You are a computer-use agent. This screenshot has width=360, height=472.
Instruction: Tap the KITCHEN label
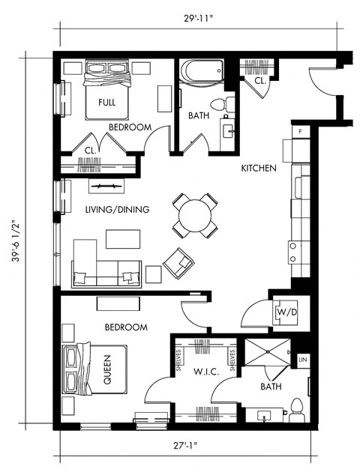(259, 169)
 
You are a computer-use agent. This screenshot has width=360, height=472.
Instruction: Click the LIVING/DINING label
(117, 210)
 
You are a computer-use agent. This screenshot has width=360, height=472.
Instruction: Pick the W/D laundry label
(285, 311)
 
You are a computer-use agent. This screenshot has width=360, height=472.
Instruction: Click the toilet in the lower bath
(296, 409)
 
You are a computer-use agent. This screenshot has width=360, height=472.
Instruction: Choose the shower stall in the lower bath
(266, 363)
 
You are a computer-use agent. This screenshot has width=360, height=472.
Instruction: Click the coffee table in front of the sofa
(122, 239)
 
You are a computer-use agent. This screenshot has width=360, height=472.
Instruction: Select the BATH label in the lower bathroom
(271, 388)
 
